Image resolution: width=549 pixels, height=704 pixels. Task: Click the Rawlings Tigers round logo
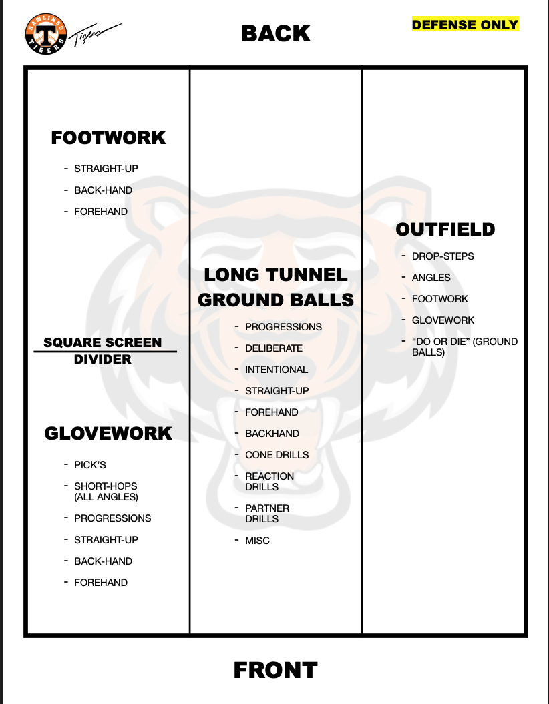tap(47, 33)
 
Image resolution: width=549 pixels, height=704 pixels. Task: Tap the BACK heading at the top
tap(275, 33)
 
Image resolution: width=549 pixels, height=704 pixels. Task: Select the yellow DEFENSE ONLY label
tap(465, 25)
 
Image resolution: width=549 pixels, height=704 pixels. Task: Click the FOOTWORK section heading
tap(108, 138)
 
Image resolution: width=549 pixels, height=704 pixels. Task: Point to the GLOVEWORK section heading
tap(108, 434)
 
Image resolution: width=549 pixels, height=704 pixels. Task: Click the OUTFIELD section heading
tap(445, 230)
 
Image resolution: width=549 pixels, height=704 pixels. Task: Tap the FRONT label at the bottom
tap(275, 670)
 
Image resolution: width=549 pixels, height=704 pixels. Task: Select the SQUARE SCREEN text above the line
tap(103, 342)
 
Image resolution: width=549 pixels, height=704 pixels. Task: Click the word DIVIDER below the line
tap(103, 360)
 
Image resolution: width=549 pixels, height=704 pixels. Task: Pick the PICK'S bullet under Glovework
tap(90, 465)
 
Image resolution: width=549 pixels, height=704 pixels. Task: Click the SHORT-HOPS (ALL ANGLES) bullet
tap(106, 492)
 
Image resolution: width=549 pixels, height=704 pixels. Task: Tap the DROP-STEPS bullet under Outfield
tap(443, 256)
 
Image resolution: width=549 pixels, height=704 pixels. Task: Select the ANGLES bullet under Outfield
tap(431, 278)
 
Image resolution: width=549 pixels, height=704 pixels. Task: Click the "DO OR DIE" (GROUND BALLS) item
tap(464, 346)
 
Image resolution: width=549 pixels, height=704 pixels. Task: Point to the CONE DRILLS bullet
tap(277, 455)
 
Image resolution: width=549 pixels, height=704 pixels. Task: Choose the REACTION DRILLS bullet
tap(269, 481)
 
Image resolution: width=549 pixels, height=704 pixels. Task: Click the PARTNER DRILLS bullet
tap(267, 513)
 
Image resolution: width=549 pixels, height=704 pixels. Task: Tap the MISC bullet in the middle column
tap(257, 541)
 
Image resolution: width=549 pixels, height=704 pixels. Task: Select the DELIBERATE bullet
tap(274, 348)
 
